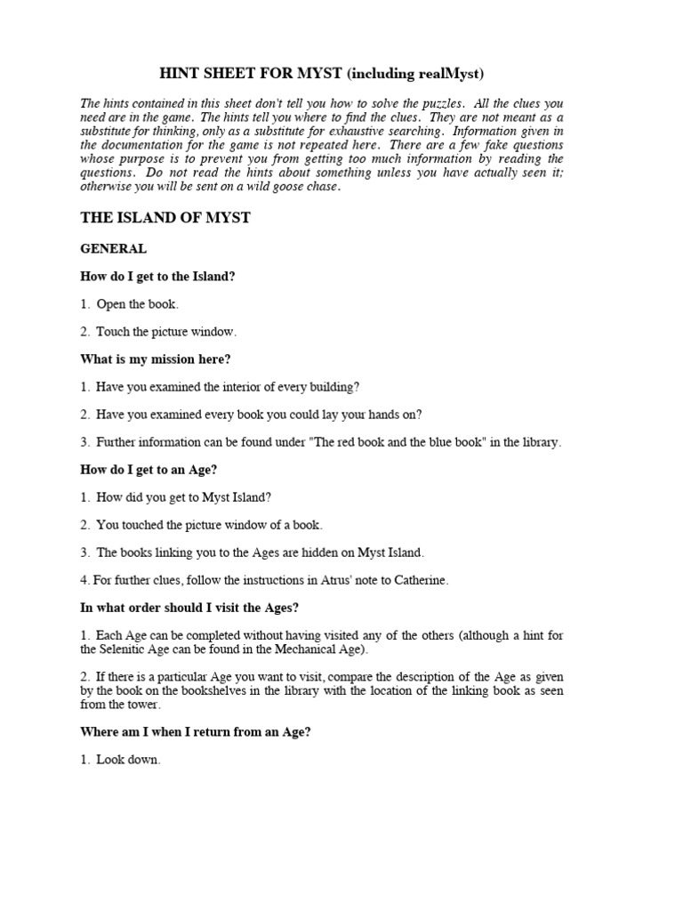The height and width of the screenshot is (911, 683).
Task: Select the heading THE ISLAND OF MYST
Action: coord(165,218)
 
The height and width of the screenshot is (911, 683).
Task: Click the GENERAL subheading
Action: coord(113,249)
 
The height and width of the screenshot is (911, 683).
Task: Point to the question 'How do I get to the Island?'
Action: coord(158,277)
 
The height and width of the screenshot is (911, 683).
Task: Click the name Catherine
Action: coord(419,580)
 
